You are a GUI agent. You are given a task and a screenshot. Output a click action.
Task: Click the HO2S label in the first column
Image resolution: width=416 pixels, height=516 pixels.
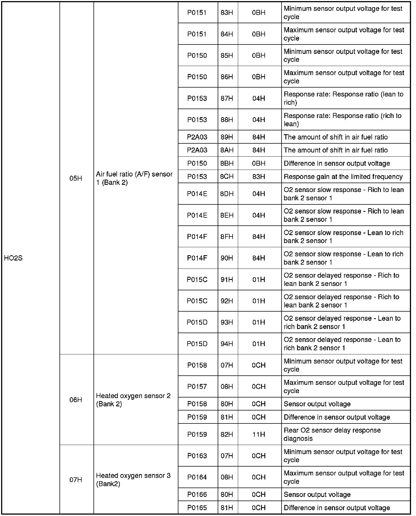pyautogui.click(x=13, y=258)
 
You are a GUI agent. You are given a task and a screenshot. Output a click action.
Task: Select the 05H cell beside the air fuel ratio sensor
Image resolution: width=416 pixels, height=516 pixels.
pyautogui.click(x=76, y=178)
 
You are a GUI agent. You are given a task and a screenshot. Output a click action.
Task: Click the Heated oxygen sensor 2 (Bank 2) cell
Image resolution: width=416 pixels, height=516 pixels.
pyautogui.click(x=133, y=400)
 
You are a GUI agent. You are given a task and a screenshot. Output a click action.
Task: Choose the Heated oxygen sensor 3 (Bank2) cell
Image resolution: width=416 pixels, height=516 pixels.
pyautogui.click(x=133, y=480)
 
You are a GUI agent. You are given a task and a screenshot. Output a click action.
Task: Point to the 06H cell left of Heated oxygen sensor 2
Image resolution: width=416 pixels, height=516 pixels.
pyautogui.click(x=76, y=400)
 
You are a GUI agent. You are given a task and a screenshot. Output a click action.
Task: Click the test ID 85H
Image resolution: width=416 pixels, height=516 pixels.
pyautogui.click(x=227, y=56)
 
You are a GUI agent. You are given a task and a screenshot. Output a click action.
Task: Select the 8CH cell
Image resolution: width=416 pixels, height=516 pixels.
pyautogui.click(x=227, y=177)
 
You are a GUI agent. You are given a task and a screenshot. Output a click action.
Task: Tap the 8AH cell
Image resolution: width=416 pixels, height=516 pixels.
pyautogui.click(x=227, y=150)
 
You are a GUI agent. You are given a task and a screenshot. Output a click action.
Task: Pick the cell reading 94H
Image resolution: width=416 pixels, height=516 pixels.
pyautogui.click(x=227, y=344)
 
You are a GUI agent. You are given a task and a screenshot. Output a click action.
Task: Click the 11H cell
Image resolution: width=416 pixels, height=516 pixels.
pyautogui.click(x=259, y=435)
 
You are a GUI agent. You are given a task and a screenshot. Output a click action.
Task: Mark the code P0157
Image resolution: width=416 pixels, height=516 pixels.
pyautogui.click(x=197, y=387)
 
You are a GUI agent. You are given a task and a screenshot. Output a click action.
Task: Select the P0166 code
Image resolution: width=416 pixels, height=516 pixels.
pyautogui.click(x=197, y=494)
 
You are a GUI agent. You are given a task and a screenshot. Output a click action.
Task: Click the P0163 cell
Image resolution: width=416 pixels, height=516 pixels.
pyautogui.click(x=197, y=456)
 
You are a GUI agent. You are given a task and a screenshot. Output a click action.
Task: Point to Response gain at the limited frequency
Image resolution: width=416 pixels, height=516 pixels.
pyautogui.click(x=343, y=177)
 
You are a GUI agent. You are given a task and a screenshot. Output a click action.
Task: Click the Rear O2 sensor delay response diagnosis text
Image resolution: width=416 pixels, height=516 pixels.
pyautogui.click(x=332, y=435)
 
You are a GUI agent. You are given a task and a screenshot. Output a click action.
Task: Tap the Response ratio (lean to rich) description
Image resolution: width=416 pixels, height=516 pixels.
pyautogui.click(x=343, y=98)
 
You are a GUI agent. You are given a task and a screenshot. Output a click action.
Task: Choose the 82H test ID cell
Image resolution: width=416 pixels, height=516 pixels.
pyautogui.click(x=227, y=435)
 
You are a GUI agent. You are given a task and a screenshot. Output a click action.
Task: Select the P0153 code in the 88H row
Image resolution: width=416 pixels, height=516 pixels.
pyautogui.click(x=197, y=120)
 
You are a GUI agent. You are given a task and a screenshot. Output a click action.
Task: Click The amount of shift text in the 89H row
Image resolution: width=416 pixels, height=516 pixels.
pyautogui.click(x=336, y=137)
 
